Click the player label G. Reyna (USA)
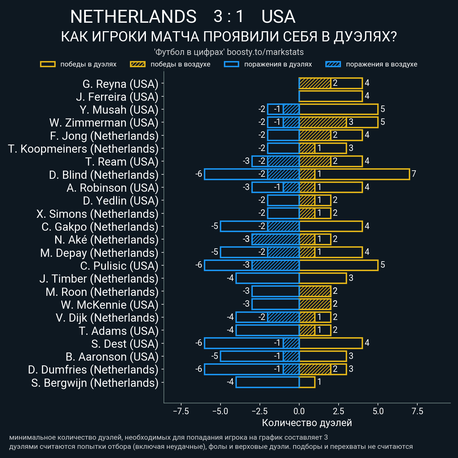pos(120,84)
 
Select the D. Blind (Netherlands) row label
pos(103,175)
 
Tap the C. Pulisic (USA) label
pos(119,266)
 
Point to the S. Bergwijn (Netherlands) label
pos(95,383)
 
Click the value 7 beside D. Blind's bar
pos(414,174)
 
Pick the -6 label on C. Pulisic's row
pos(199,265)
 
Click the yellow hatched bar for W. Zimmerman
pos(323,122)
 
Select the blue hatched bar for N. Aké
pos(275,239)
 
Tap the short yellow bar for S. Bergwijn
pos(307,382)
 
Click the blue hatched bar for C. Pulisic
pos(275,265)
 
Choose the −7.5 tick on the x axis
pos(181,411)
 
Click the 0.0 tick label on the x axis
pos(299,411)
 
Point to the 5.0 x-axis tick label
pos(378,411)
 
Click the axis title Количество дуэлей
pos(307,423)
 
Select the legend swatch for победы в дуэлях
pos(47,64)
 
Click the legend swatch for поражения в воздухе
pos(333,64)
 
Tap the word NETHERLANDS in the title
pos(133,17)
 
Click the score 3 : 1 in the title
pos(229,17)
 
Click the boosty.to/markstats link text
pos(265,52)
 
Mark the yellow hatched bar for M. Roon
pos(315,291)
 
